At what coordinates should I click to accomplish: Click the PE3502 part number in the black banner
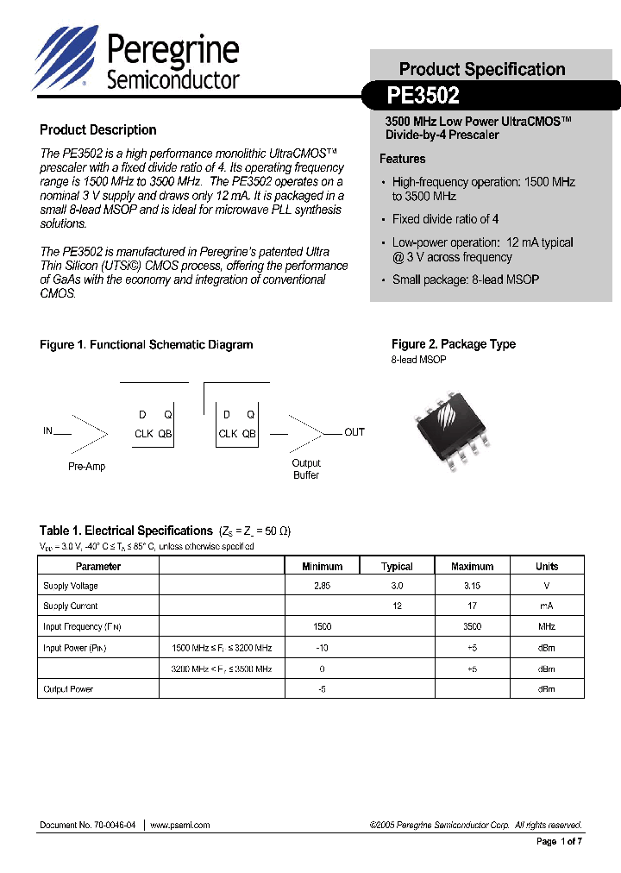(424, 94)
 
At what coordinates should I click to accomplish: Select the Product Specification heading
(482, 69)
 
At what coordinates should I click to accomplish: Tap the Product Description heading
(98, 130)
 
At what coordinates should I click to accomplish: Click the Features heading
(402, 159)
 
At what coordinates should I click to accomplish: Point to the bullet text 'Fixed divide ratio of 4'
(445, 219)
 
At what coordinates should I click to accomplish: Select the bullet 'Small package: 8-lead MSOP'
(465, 279)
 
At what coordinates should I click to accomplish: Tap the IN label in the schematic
(48, 430)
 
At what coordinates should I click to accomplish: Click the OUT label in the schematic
(354, 432)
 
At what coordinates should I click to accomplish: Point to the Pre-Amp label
(86, 467)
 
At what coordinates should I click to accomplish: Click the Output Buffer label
(306, 469)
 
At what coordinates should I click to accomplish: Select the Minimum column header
(322, 567)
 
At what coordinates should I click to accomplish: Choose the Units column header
(547, 567)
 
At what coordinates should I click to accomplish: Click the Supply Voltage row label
(71, 587)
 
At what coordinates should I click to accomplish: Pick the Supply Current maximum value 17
(473, 606)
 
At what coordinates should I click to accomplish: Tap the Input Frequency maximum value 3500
(473, 627)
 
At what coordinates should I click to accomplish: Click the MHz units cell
(547, 627)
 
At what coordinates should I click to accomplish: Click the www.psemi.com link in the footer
(180, 825)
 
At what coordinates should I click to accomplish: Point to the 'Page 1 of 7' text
(560, 842)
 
